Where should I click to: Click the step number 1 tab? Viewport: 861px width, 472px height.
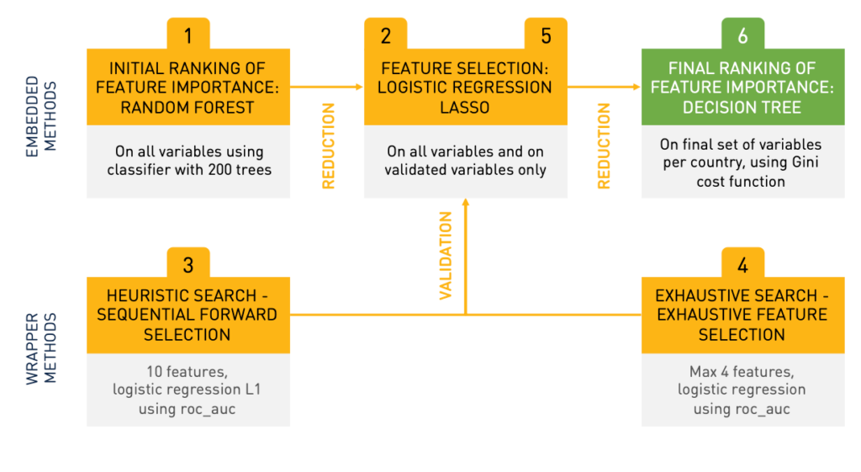pyautogui.click(x=188, y=34)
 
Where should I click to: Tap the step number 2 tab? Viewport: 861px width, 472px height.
pyautogui.click(x=385, y=34)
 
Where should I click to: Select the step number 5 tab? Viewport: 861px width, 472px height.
pyautogui.click(x=546, y=34)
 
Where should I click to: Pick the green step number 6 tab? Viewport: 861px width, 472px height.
pyautogui.click(x=743, y=34)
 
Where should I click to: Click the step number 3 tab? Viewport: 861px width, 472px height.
pyautogui.click(x=188, y=263)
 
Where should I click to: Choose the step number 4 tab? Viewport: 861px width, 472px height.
pyautogui.click(x=743, y=263)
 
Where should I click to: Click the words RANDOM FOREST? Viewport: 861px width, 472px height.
pyautogui.click(x=188, y=107)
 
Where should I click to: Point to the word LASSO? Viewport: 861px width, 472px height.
pyautogui.click(x=464, y=107)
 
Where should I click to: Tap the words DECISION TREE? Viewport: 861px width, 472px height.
pyautogui.click(x=742, y=107)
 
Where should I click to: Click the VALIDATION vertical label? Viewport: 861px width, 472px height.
pyautogui.click(x=446, y=256)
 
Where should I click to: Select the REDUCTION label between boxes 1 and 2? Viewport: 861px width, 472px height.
pyautogui.click(x=329, y=146)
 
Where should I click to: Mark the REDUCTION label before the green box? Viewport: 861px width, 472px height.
pyautogui.click(x=604, y=146)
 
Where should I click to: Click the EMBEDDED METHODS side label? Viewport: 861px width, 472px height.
pyautogui.click(x=40, y=116)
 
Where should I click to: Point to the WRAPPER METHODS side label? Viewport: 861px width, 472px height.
pyautogui.click(x=40, y=348)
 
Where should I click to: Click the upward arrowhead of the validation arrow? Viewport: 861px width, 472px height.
pyautogui.click(x=466, y=202)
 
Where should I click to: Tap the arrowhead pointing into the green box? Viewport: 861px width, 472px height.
pyautogui.click(x=637, y=87)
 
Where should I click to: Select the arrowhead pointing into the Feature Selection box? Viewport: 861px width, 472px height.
pyautogui.click(x=360, y=87)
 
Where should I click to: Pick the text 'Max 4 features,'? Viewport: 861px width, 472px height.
pyautogui.click(x=742, y=372)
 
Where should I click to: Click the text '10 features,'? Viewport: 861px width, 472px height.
pyautogui.click(x=188, y=372)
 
